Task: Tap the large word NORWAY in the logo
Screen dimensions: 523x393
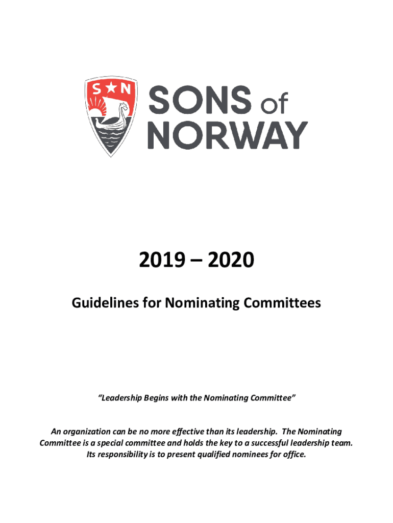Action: click(x=228, y=135)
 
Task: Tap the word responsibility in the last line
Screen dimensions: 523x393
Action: click(x=126, y=454)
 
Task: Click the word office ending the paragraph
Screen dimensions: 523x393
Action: click(x=294, y=454)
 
